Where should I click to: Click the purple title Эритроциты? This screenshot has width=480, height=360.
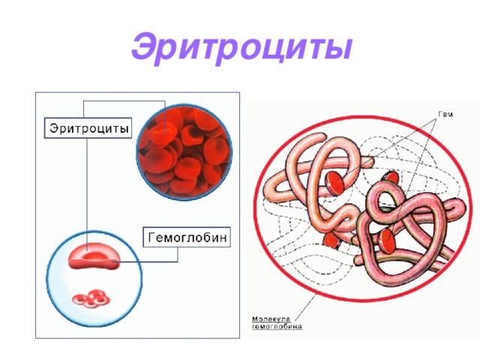241,48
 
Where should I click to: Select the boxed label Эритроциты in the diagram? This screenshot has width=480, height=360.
88,128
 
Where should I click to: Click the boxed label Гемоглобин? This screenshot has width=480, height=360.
187,237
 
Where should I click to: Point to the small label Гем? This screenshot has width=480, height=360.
445,115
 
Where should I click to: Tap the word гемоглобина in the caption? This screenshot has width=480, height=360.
277,326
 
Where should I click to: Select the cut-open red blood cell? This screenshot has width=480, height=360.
93,256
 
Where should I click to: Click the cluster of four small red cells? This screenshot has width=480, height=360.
91,298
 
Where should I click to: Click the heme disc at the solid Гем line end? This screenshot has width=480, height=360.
335,183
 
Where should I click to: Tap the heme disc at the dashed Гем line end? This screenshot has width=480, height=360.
387,241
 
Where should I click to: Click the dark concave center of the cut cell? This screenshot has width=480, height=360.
94,255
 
